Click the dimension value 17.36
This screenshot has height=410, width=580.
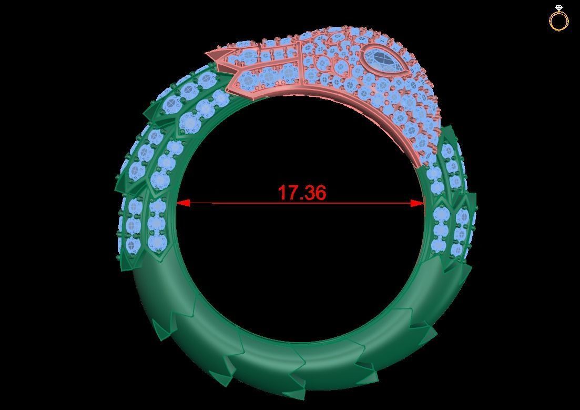[x=302, y=193]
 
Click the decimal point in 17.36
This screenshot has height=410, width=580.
[x=301, y=199]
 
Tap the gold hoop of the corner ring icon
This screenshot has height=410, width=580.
[x=558, y=22]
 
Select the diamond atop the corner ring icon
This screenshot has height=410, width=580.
[x=558, y=8]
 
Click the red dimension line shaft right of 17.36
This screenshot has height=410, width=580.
[x=368, y=203]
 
